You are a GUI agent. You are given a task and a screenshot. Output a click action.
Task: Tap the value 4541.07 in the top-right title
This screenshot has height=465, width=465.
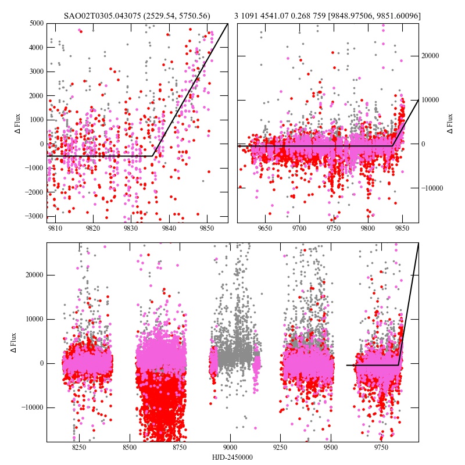(279, 15)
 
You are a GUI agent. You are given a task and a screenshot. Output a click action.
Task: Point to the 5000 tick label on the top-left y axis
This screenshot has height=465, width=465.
(35, 23)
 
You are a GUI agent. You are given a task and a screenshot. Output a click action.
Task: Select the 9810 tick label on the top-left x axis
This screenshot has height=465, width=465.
(55, 229)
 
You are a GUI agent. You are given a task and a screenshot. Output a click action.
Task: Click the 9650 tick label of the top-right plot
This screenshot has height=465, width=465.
(265, 229)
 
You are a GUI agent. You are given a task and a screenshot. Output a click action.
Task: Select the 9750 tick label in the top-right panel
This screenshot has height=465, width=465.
(334, 229)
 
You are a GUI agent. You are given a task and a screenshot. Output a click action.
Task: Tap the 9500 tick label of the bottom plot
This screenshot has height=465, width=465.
(331, 448)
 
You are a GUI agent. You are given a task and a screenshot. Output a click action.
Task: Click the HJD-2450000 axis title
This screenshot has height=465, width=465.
(233, 457)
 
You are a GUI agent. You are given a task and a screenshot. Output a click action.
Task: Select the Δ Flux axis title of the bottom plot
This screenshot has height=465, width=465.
(14, 342)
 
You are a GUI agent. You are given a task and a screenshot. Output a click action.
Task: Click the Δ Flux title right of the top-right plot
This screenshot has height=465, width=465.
(450, 123)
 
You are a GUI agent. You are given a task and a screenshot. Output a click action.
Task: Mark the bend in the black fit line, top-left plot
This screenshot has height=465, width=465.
(153, 156)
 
